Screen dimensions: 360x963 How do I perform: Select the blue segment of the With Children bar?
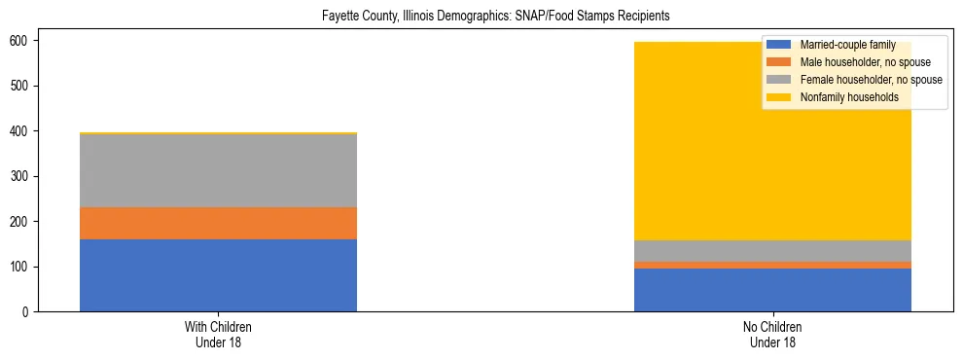pos(218,275)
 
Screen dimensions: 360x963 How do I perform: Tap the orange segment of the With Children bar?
pos(218,223)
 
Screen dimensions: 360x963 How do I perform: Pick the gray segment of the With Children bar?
pos(218,170)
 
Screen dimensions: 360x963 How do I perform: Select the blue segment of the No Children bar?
pos(772,290)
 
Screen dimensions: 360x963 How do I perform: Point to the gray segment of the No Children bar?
pos(772,251)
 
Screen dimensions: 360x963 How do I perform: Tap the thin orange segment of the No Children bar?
pos(772,265)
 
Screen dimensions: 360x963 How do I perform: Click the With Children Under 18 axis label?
pos(218,335)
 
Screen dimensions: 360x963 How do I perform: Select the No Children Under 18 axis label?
pos(772,335)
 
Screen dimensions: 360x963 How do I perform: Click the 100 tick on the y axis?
pos(25,267)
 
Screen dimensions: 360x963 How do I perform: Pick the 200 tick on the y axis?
pos(25,222)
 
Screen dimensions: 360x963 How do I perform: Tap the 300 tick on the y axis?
pos(25,176)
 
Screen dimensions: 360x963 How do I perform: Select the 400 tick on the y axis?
pos(25,131)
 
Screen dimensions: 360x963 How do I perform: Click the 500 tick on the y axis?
pos(25,86)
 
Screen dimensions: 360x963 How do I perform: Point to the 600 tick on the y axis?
pos(25,41)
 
